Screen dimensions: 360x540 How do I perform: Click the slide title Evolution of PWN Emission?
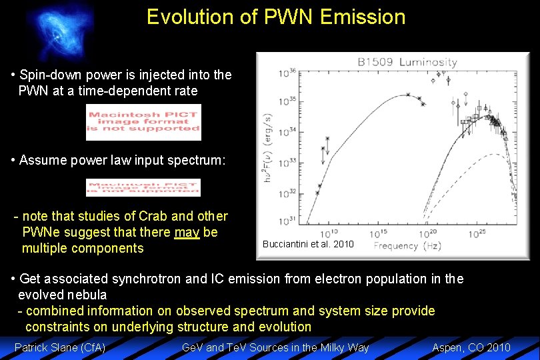pyautogui.click(x=276, y=17)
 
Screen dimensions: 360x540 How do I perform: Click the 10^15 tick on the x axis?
pyautogui.click(x=378, y=234)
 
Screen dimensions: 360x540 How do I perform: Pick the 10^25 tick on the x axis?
pyautogui.click(x=479, y=234)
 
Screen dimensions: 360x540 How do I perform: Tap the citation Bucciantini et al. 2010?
pyautogui.click(x=308, y=244)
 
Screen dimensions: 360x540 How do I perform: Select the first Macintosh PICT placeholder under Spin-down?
pyautogui.click(x=143, y=123)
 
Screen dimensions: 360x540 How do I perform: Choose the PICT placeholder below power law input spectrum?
pyautogui.click(x=143, y=187)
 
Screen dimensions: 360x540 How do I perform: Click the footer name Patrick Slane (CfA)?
pyautogui.click(x=60, y=347)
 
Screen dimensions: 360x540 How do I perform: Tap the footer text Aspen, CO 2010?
pyautogui.click(x=471, y=347)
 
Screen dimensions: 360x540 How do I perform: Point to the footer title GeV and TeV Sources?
pyautogui.click(x=275, y=347)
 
